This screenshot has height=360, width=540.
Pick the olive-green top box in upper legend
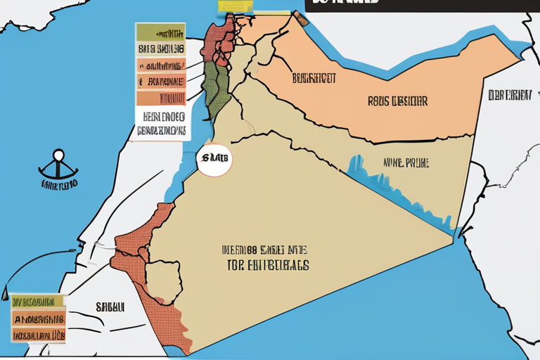(160, 32)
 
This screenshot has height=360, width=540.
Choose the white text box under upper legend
(161, 123)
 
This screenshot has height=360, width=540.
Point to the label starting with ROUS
(397, 101)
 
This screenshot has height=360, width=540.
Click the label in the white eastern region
(508, 96)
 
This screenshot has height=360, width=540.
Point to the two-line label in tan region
(266, 258)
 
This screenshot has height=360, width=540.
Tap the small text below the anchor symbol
(59, 185)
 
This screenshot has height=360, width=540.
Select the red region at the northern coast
(219, 35)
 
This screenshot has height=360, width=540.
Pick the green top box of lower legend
(38, 301)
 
